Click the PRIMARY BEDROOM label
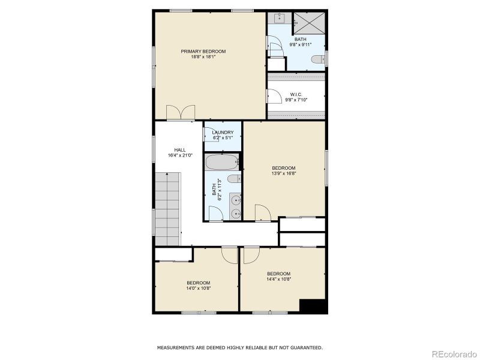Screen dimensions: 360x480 [203, 52]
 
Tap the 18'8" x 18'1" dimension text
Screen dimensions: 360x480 [203, 58]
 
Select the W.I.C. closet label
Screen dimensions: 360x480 [296, 94]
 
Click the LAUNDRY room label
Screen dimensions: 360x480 [223, 133]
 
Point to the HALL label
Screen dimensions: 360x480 [180, 150]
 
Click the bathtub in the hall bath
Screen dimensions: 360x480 [220, 162]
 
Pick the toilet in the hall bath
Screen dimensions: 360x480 [235, 178]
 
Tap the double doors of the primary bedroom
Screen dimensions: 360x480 [181, 112]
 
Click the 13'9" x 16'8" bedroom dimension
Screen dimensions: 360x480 [284, 174]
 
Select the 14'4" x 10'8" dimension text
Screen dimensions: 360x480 [278, 278]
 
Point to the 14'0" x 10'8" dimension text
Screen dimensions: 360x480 [198, 289]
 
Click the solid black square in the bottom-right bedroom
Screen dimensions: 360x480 [313, 306]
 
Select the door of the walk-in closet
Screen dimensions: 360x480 [274, 96]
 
